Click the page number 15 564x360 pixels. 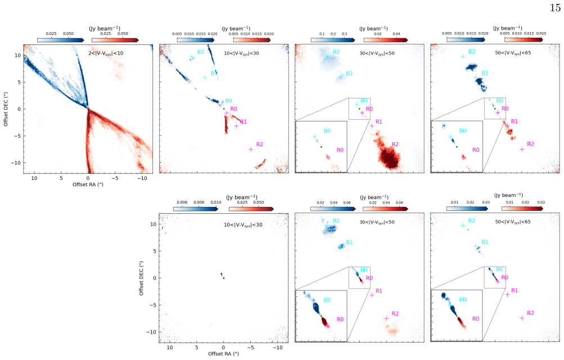(x=555, y=7)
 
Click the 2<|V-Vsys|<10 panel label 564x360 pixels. (x=106, y=53)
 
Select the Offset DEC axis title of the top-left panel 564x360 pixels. (x=6, y=109)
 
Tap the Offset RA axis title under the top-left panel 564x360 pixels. (x=88, y=184)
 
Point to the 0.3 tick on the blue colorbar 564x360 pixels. (x=344, y=34)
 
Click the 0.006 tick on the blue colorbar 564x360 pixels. (x=182, y=202)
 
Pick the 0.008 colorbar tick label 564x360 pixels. (x=199, y=202)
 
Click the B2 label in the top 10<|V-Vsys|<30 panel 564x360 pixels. (x=200, y=52)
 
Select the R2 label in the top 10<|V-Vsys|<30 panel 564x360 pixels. (x=259, y=144)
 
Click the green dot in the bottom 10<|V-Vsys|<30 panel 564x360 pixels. (x=223, y=278)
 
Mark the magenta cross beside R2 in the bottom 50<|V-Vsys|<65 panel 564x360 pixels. (x=522, y=318)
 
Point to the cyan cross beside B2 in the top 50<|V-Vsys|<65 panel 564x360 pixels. (x=463, y=56)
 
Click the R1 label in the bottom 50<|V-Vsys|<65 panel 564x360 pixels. (x=515, y=290)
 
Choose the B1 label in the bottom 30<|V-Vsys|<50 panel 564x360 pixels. (x=349, y=242)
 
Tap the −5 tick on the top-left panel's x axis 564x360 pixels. (x=115, y=178)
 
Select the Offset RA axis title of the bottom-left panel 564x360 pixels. (x=223, y=353)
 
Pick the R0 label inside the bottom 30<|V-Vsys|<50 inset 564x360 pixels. (x=340, y=319)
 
